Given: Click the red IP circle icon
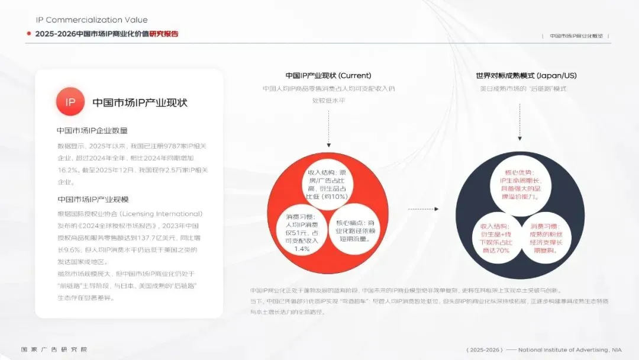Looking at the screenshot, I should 70,102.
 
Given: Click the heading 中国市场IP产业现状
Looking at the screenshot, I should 140,102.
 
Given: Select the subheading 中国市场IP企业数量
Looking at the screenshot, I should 92,130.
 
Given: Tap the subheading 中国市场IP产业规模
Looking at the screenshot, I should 93,199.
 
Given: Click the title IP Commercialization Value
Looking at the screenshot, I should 92,20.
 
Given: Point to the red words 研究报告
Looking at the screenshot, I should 164,34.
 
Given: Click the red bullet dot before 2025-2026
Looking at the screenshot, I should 28,34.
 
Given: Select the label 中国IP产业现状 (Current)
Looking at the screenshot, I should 328,75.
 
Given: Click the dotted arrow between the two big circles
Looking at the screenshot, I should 423,208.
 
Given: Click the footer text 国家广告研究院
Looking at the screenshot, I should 54,349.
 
